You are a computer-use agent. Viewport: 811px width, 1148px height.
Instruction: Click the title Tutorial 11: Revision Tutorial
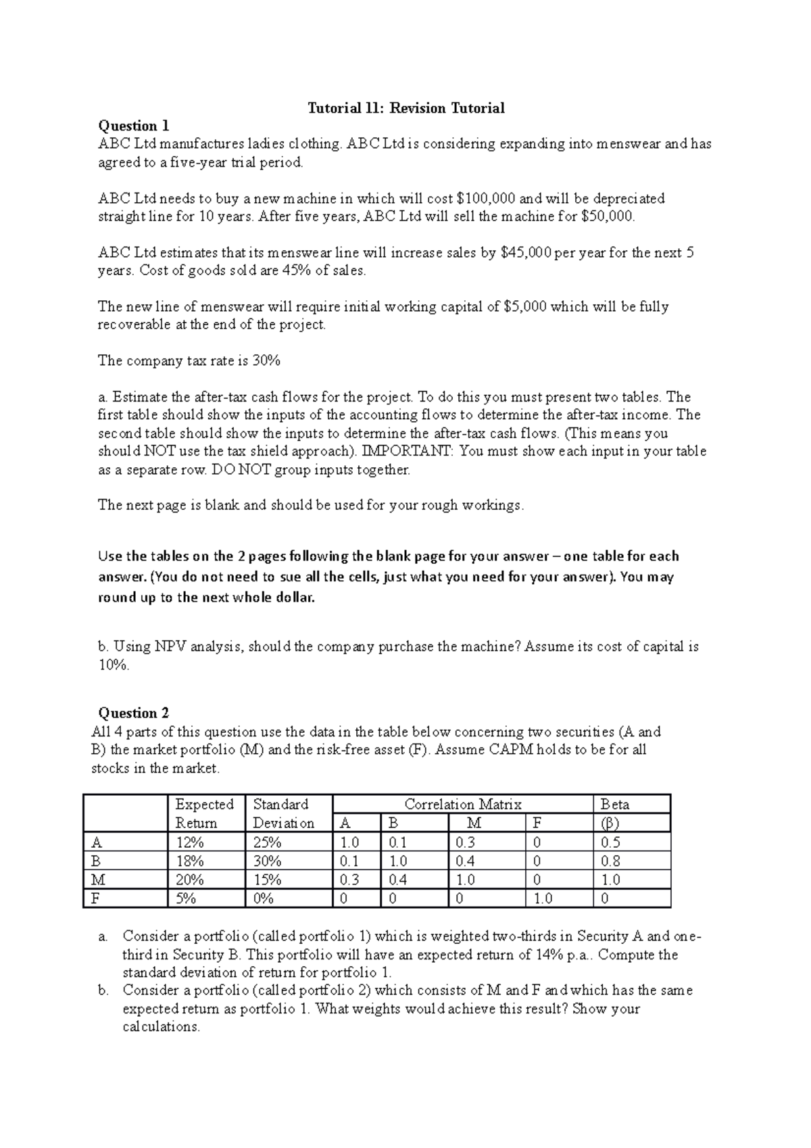pyautogui.click(x=406, y=108)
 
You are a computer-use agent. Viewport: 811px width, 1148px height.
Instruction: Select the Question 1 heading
pyautogui.click(x=134, y=126)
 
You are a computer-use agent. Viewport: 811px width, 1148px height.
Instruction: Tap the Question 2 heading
pyautogui.click(x=134, y=713)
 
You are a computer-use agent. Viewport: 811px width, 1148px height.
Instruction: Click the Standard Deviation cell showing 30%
pyautogui.click(x=267, y=861)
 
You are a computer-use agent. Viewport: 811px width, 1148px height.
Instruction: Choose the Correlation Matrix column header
pyautogui.click(x=463, y=805)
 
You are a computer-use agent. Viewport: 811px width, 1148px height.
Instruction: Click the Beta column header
pyautogui.click(x=615, y=805)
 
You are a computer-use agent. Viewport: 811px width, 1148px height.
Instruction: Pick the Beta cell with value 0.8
pyautogui.click(x=610, y=861)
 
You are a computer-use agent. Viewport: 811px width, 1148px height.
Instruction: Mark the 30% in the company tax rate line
pyautogui.click(x=266, y=361)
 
